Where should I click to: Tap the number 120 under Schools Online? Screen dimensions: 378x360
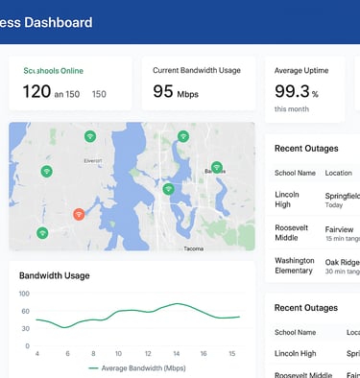click(36, 92)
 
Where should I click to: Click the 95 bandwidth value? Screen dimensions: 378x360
click(163, 92)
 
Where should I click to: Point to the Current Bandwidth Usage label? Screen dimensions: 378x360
click(197, 70)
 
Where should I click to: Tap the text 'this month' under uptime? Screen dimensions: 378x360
click(293, 109)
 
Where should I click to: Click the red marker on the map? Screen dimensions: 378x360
click(79, 215)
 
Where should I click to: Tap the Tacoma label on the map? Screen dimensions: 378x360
click(194, 248)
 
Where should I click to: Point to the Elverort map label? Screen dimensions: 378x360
click(92, 160)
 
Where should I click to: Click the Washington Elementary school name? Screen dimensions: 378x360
click(294, 265)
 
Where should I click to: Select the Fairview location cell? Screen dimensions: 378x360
click(339, 230)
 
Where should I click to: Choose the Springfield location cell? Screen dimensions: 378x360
click(342, 195)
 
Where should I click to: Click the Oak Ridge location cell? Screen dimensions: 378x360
click(341, 261)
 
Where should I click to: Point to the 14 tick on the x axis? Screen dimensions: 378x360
click(177, 355)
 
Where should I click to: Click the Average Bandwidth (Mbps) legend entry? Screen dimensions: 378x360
click(142, 367)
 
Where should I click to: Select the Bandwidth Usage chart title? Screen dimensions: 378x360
click(55, 275)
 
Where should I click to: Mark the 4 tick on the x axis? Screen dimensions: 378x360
click(36, 355)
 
